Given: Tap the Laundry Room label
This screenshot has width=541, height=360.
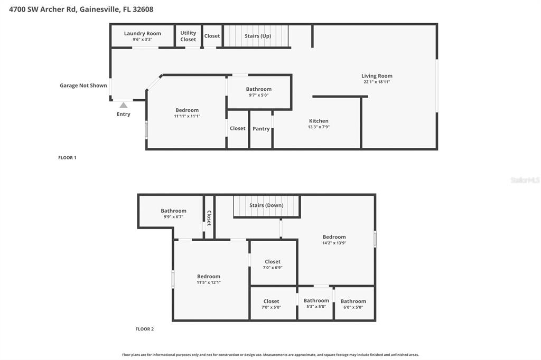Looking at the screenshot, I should (x=142, y=33).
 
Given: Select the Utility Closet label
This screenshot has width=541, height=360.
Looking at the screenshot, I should (x=188, y=36).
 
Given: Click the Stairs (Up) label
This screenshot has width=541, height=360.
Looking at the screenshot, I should (x=258, y=36).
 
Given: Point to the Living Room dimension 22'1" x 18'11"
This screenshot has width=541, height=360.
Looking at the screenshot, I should (x=377, y=82).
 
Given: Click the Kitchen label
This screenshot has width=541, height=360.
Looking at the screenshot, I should (x=319, y=121).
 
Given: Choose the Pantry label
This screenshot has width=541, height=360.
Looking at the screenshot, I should (x=261, y=128).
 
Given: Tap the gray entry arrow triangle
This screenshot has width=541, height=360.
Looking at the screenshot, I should (x=123, y=105).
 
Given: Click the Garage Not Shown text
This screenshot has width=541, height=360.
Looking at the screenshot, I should (x=83, y=86).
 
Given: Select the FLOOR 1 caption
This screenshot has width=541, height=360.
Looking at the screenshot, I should (x=67, y=157).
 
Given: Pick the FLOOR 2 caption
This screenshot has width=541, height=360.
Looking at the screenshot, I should (x=144, y=329).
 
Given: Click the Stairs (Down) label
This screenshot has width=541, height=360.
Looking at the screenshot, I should (x=266, y=205).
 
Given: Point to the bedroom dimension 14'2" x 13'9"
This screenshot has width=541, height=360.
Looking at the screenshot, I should (x=334, y=243).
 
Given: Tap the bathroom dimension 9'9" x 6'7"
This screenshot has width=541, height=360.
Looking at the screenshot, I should (x=173, y=217).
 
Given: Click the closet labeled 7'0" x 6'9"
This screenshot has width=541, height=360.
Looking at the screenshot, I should (x=273, y=264).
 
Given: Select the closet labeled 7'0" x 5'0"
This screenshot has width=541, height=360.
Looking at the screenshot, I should (x=271, y=304).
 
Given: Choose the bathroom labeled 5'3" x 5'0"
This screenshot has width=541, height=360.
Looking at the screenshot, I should (x=316, y=304).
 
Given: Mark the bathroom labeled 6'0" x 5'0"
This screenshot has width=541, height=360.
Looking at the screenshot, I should (x=353, y=304).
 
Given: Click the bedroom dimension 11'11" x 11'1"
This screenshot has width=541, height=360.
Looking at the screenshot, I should (x=187, y=116).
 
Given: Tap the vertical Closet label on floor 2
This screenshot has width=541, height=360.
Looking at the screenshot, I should (x=209, y=218).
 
